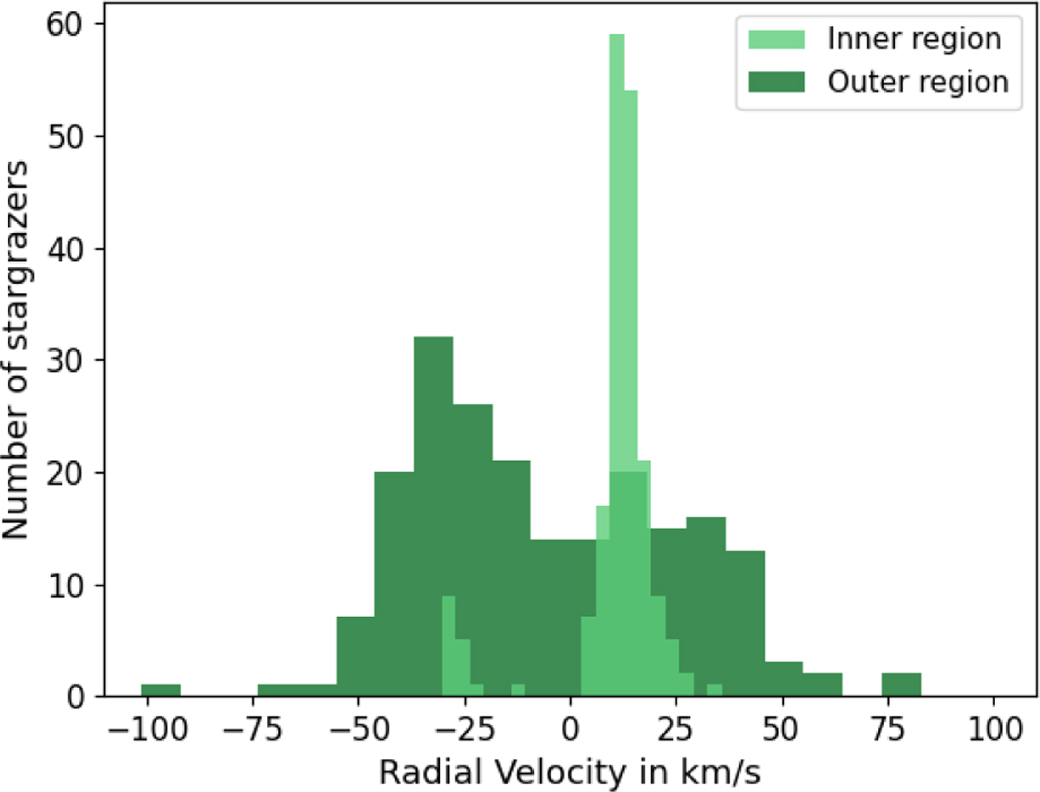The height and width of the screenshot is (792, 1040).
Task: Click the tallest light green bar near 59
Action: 617,260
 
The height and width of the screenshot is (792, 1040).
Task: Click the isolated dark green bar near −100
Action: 161,691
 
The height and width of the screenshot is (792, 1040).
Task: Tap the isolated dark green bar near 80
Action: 901,685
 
